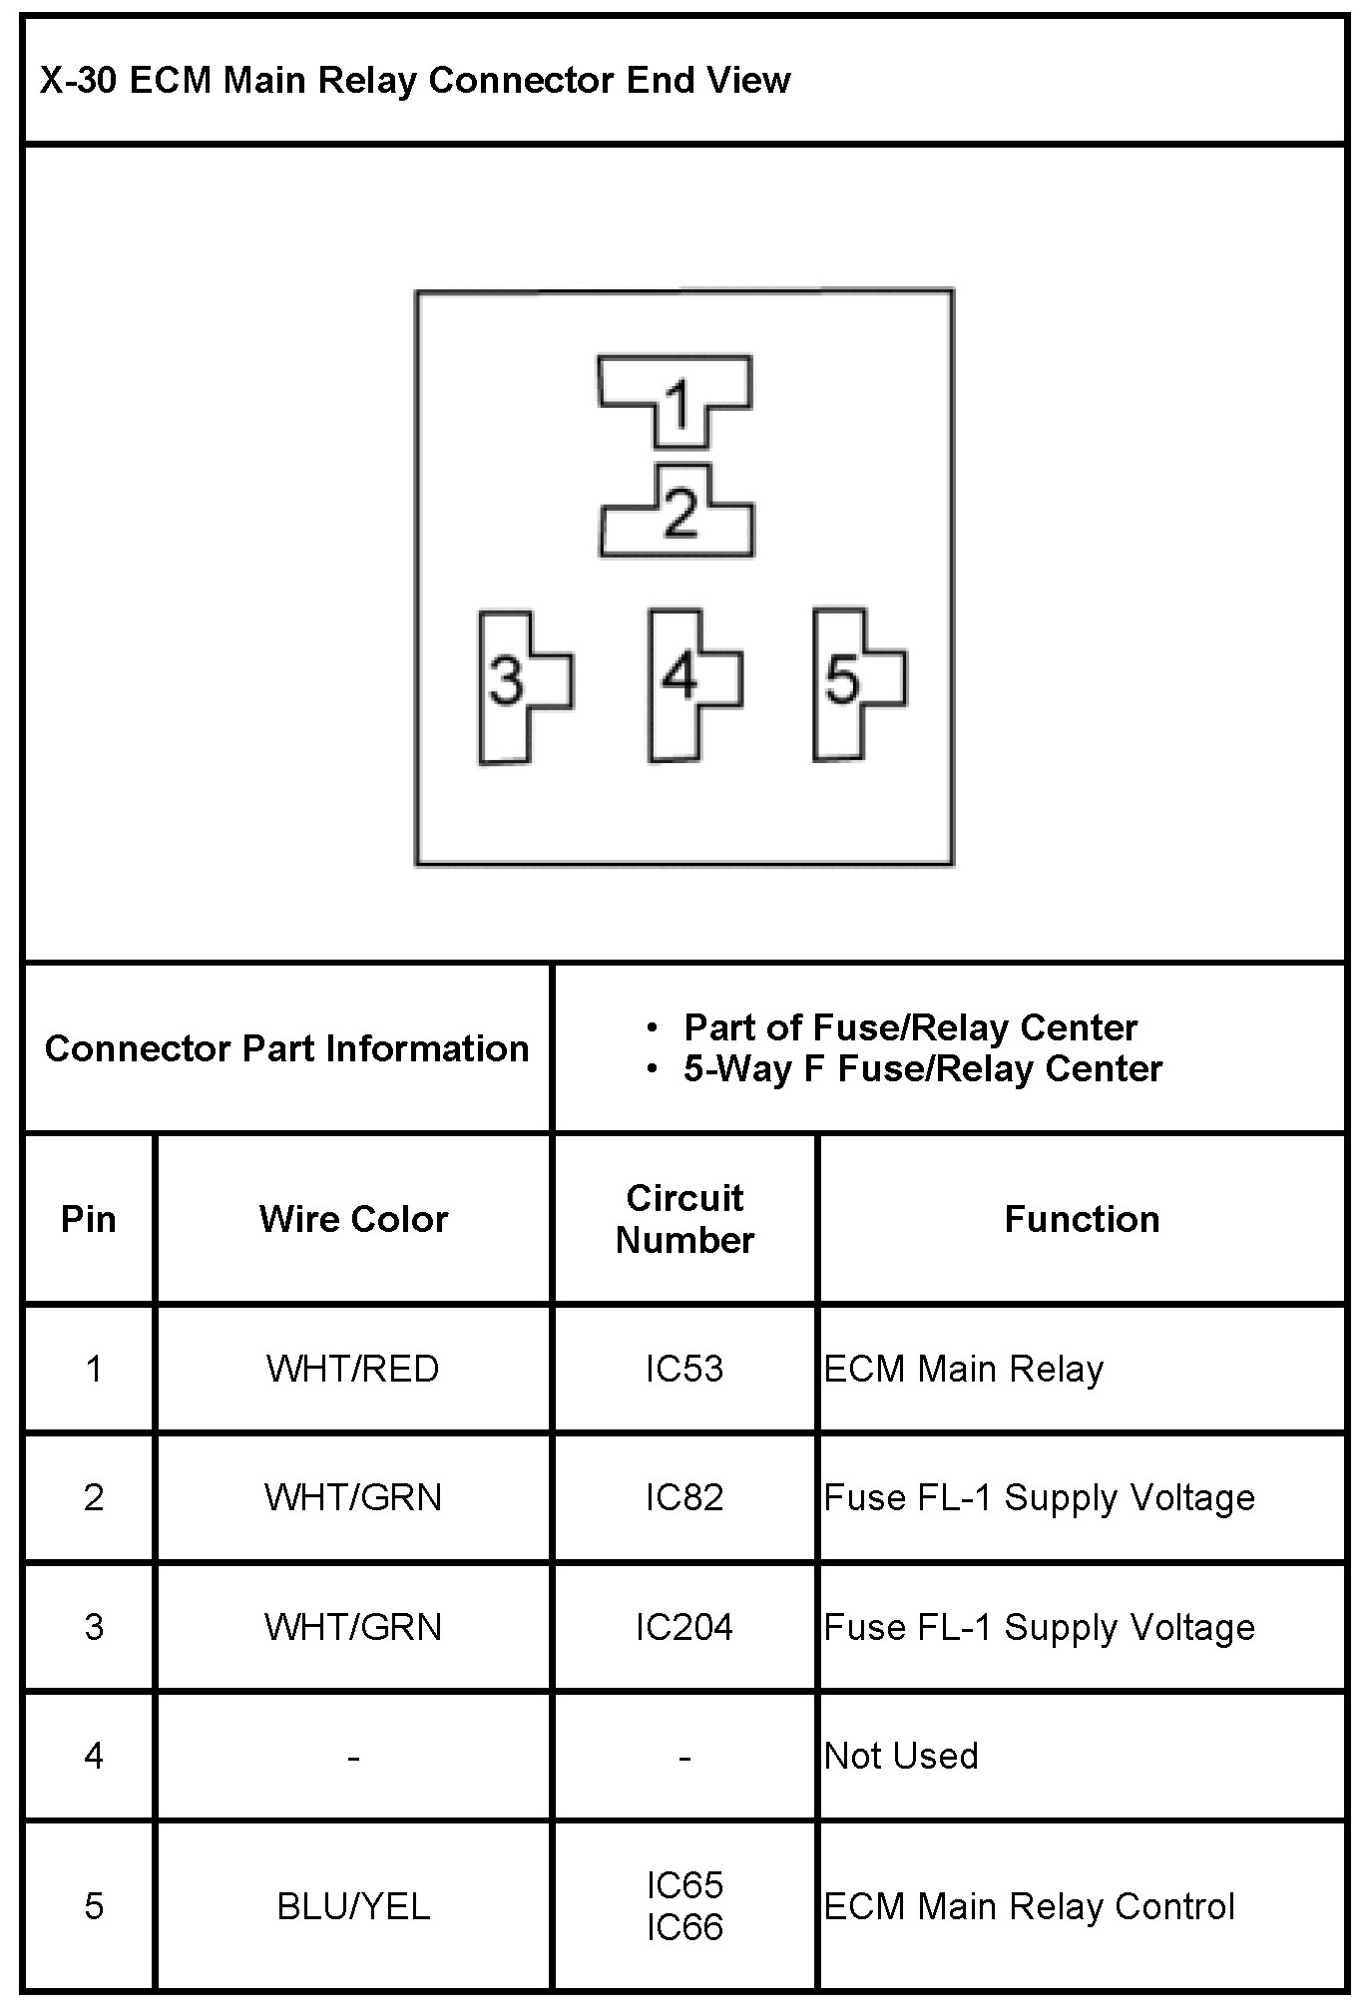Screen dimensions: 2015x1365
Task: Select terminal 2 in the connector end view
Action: (x=679, y=515)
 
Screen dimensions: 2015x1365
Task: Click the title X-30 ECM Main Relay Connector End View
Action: (x=415, y=81)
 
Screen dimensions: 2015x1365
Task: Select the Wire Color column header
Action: (x=353, y=1219)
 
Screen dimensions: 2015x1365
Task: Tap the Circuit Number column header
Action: (x=684, y=1219)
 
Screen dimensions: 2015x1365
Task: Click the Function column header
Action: (x=1082, y=1219)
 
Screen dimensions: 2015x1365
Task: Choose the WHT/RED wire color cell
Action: (x=353, y=1369)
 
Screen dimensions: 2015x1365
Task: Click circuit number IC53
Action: (x=684, y=1369)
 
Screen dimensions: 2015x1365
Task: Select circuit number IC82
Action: (x=684, y=1497)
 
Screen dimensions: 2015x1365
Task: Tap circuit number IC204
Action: (x=684, y=1627)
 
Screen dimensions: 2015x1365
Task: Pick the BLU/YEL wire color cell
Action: (x=353, y=1906)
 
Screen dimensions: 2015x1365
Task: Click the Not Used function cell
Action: (x=901, y=1756)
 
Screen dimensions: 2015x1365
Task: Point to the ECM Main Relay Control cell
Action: (x=1029, y=1906)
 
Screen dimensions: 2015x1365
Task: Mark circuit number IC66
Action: (x=684, y=1927)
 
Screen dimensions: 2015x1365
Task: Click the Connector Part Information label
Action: (x=287, y=1048)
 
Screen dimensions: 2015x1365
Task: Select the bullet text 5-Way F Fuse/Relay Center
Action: (x=923, y=1069)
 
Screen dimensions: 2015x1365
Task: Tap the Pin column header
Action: (x=89, y=1219)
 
